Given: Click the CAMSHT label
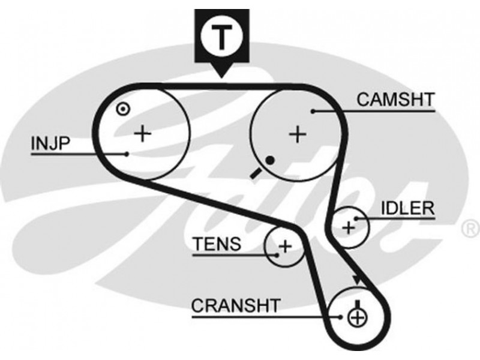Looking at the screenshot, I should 394,100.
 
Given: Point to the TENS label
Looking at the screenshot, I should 217,244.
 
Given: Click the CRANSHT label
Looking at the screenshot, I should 235,305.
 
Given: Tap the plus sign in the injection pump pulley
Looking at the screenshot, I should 142,133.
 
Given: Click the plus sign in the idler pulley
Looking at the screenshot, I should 347,227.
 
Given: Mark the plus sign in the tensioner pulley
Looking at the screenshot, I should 285,245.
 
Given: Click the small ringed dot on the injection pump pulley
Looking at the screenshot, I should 122,109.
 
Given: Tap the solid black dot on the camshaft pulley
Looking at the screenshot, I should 270,160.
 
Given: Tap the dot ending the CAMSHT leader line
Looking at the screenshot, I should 313,110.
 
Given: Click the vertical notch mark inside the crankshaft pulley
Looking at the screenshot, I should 357,303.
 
